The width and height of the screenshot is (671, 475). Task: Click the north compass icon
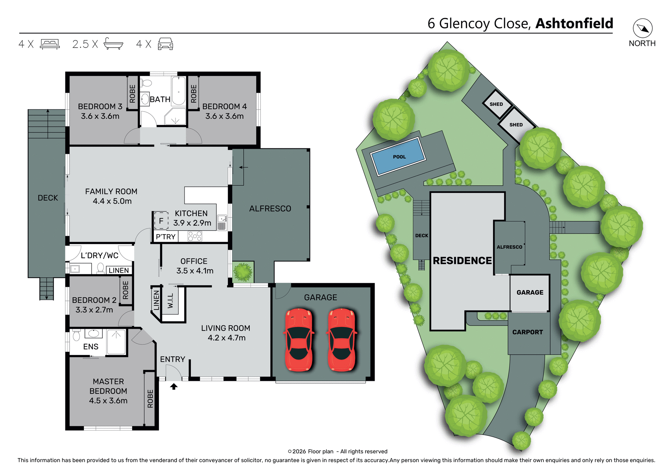[642, 28]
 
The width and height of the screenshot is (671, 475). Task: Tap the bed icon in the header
[50, 44]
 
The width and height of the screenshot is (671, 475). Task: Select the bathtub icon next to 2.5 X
[114, 44]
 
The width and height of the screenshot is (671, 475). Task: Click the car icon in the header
[165, 44]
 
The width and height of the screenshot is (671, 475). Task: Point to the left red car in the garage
[299, 339]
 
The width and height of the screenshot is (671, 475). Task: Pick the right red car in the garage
[341, 339]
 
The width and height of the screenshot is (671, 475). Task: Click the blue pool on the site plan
[398, 157]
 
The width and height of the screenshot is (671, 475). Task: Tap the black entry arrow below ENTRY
[174, 386]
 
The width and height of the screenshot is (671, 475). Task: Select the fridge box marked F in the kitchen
[161, 221]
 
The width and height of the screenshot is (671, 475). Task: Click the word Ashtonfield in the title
[574, 23]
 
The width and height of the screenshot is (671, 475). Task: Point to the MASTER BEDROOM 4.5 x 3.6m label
[108, 391]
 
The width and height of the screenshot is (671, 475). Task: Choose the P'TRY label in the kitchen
[166, 237]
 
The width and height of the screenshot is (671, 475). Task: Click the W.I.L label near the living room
[171, 301]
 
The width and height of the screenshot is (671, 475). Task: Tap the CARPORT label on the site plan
[527, 332]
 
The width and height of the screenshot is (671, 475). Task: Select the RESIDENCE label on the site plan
[462, 261]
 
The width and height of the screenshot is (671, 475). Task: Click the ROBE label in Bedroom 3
[132, 94]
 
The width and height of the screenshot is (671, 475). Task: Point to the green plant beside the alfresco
[243, 272]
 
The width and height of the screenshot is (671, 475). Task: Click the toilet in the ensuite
[77, 335]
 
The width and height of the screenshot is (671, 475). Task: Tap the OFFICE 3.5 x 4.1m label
[194, 266]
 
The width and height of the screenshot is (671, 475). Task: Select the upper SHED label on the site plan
[496, 104]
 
